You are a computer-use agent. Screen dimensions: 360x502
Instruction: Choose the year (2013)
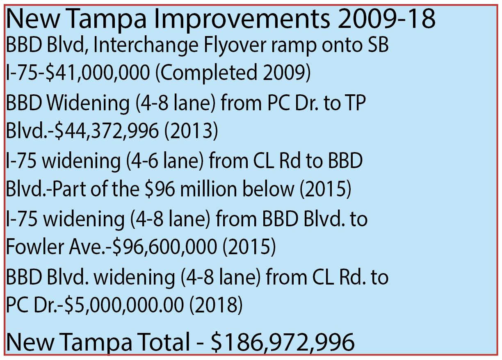click(x=191, y=131)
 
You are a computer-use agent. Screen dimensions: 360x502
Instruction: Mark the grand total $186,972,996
click(x=282, y=341)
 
